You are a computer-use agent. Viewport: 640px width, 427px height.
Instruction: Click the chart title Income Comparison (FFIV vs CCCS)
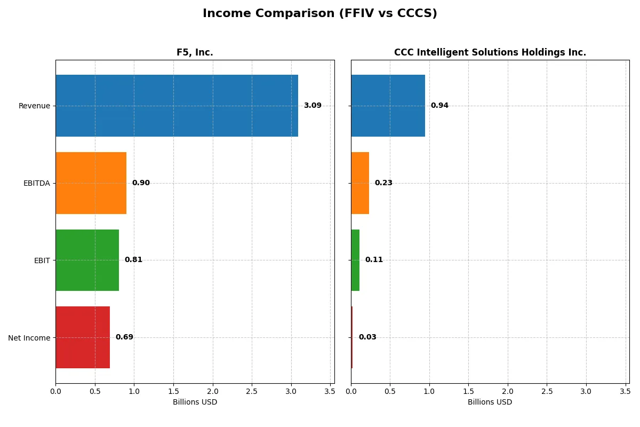[319, 14]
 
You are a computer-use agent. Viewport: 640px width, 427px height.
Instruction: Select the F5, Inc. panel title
[195, 52]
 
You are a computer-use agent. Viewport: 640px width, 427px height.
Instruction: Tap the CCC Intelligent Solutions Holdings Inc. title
[490, 52]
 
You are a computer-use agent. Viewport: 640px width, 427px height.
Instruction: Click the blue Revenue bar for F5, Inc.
[177, 106]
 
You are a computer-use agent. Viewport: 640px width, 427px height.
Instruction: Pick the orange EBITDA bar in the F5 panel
[91, 183]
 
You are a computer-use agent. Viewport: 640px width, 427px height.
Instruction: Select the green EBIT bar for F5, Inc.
[87, 260]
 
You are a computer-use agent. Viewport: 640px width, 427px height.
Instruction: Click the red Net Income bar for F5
[83, 337]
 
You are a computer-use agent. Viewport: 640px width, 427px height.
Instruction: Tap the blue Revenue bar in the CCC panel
[388, 106]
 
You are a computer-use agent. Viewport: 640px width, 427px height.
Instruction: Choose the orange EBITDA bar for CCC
[360, 183]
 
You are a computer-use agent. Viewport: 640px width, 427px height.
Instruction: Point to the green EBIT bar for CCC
[355, 260]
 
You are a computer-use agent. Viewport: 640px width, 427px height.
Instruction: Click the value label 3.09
[313, 106]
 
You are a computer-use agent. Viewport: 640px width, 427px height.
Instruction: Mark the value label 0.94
[439, 106]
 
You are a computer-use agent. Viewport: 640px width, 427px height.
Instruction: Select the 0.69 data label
[124, 337]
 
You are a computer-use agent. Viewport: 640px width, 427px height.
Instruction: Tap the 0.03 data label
[367, 337]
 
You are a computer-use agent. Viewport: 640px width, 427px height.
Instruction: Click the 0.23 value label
[383, 183]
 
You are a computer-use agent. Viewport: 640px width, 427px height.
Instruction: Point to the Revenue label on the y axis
[34, 106]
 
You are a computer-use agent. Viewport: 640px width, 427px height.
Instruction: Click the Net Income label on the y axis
[29, 338]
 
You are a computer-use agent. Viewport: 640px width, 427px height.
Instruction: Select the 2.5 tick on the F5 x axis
[252, 391]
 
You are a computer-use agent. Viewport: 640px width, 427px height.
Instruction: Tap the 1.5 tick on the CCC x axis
[468, 391]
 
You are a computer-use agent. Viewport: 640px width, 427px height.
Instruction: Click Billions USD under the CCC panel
[490, 402]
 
